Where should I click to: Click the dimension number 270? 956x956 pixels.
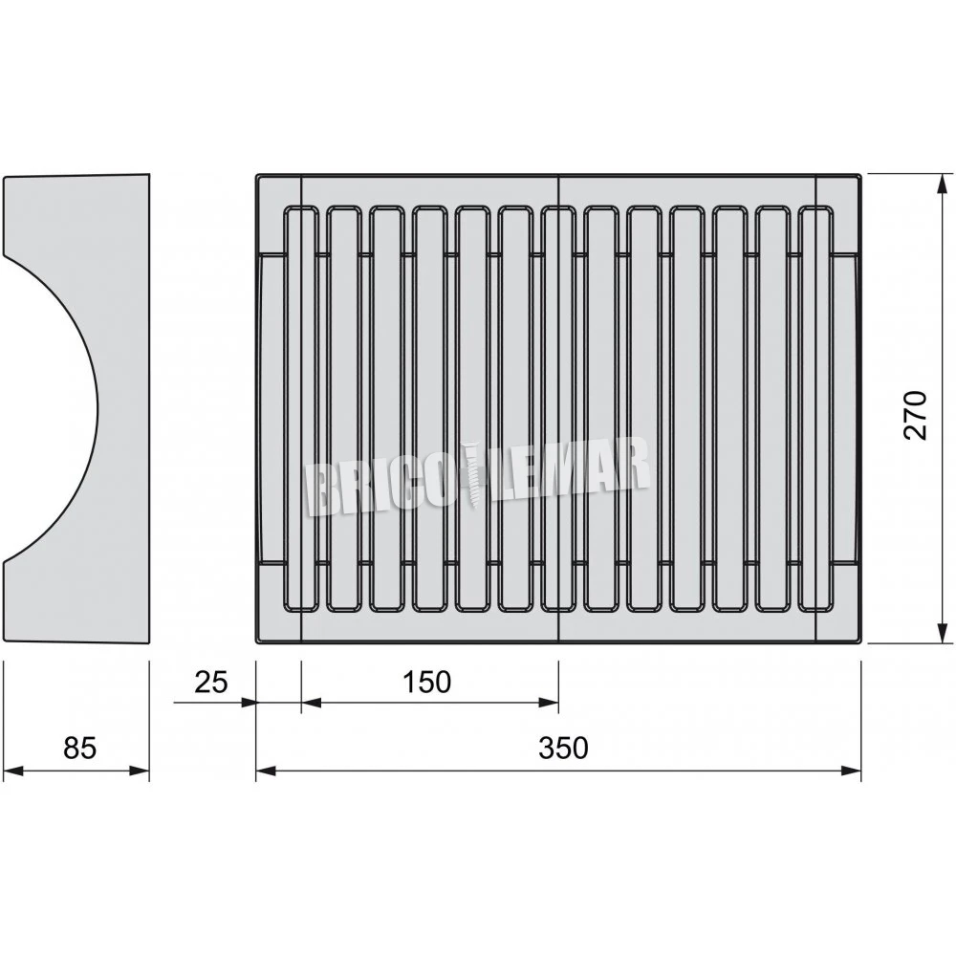point(916,414)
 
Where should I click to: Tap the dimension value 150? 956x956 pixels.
point(426,682)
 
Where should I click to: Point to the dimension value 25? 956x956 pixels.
point(211,682)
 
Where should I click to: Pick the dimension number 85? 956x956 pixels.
point(80,747)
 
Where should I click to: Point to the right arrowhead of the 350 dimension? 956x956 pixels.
point(853,771)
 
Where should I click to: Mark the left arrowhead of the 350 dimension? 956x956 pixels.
point(265,771)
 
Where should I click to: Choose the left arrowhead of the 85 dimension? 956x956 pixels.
point(11,771)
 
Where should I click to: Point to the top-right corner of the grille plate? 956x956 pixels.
point(859,176)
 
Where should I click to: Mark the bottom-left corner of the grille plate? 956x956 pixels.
point(258,641)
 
